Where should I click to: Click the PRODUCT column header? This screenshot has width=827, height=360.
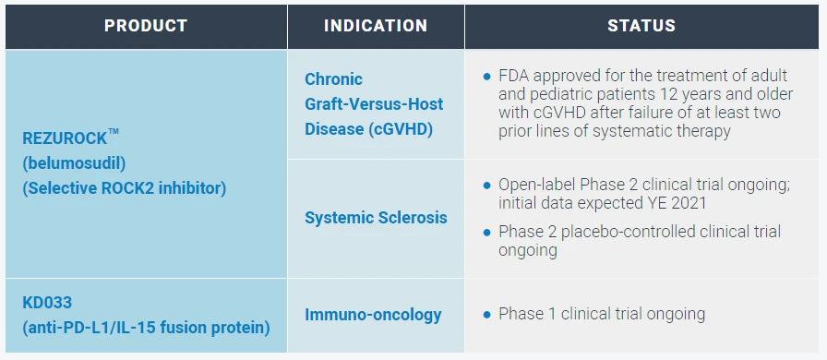pyautogui.click(x=146, y=26)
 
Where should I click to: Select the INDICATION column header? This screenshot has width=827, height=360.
pyautogui.click(x=376, y=26)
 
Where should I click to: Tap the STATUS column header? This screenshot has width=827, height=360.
pyautogui.click(x=641, y=26)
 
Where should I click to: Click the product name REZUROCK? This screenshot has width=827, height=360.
pyautogui.click(x=65, y=138)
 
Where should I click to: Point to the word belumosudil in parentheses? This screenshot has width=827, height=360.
pyautogui.click(x=74, y=163)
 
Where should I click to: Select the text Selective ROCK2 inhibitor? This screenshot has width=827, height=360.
pyautogui.click(x=124, y=188)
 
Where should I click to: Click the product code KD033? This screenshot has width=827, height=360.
pyautogui.click(x=47, y=303)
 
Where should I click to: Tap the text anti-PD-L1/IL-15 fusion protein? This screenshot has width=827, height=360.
pyautogui.click(x=146, y=328)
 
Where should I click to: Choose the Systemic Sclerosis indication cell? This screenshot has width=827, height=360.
pyautogui.click(x=376, y=218)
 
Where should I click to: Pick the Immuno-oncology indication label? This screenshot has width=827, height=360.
pyautogui.click(x=373, y=315)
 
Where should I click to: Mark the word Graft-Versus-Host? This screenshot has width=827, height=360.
pyautogui.click(x=374, y=104)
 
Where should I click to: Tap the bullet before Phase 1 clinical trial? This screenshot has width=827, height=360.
pyautogui.click(x=486, y=315)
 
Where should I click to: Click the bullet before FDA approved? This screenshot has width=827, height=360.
pyautogui.click(x=486, y=77)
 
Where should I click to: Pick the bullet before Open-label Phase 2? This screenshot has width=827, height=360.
pyautogui.click(x=486, y=186)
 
